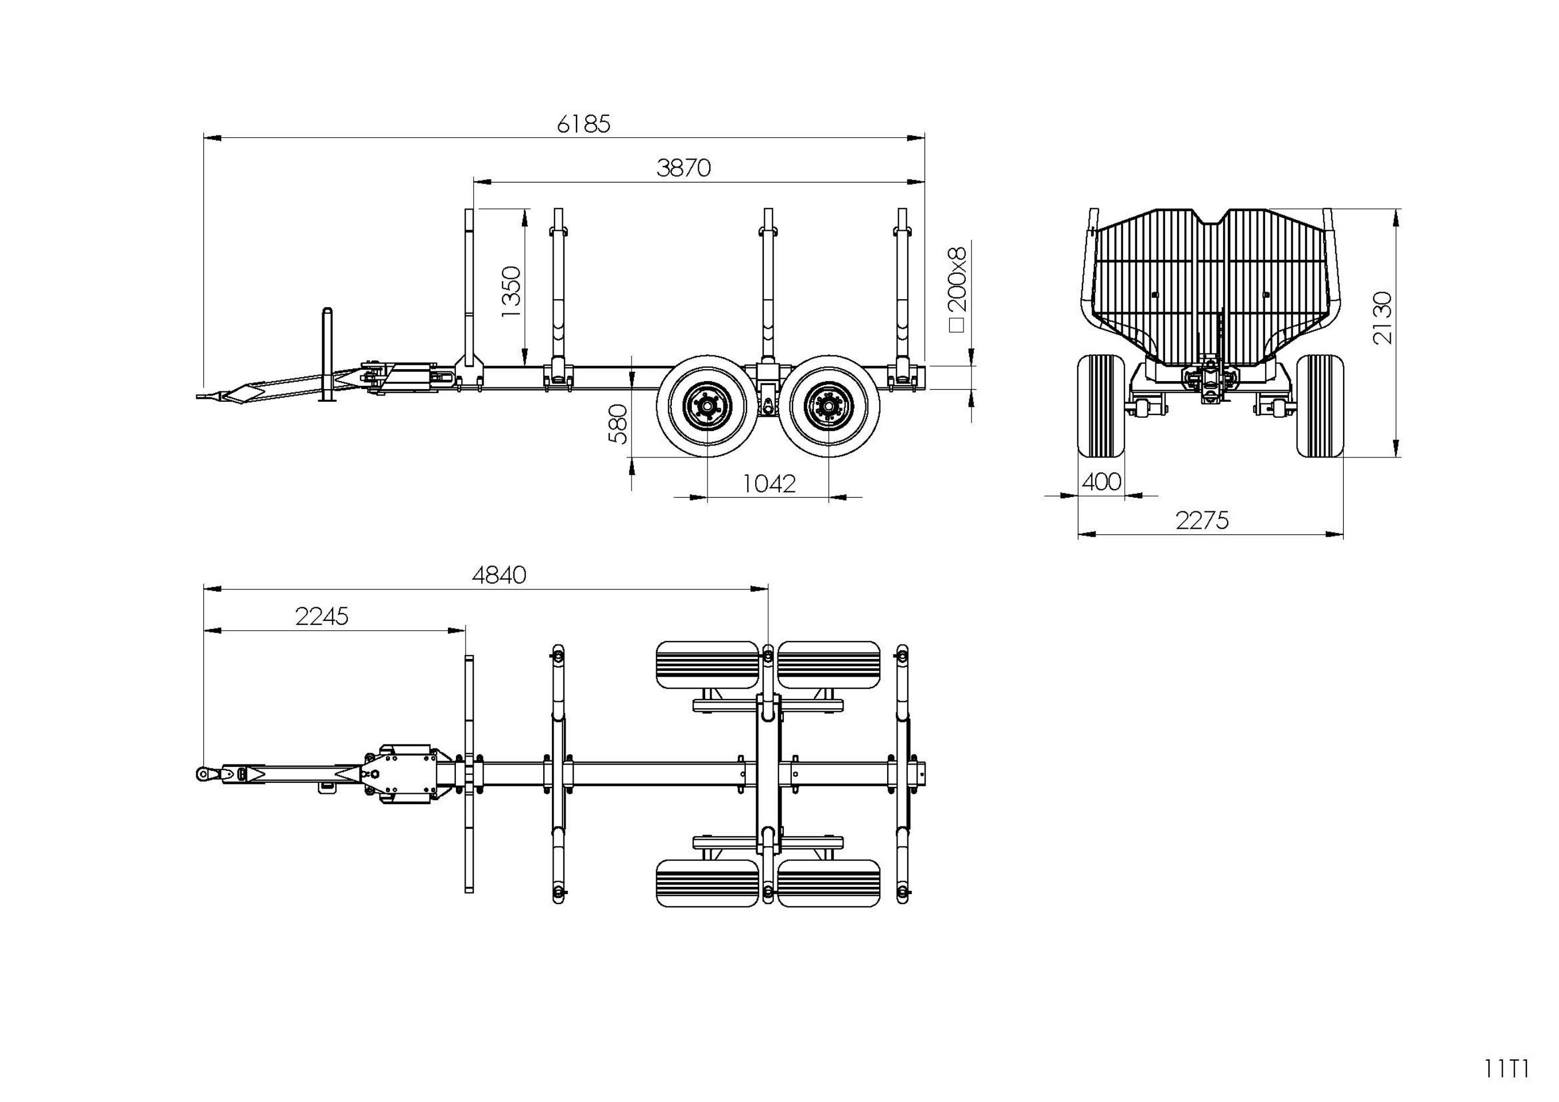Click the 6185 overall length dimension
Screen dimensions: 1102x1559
point(583,124)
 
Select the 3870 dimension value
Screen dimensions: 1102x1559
point(683,168)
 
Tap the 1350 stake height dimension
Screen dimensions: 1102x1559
point(510,291)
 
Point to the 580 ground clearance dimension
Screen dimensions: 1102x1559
point(618,424)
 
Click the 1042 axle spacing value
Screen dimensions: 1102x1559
point(769,484)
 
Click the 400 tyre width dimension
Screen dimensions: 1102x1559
point(1101,482)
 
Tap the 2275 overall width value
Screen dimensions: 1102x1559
point(1202,521)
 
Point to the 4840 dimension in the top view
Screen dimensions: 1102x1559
point(499,576)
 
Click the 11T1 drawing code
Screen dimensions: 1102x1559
point(1506,1069)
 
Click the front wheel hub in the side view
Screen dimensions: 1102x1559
point(707,406)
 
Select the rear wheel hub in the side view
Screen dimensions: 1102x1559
point(829,406)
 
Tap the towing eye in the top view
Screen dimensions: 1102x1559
point(204,773)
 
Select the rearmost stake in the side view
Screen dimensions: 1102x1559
point(903,292)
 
